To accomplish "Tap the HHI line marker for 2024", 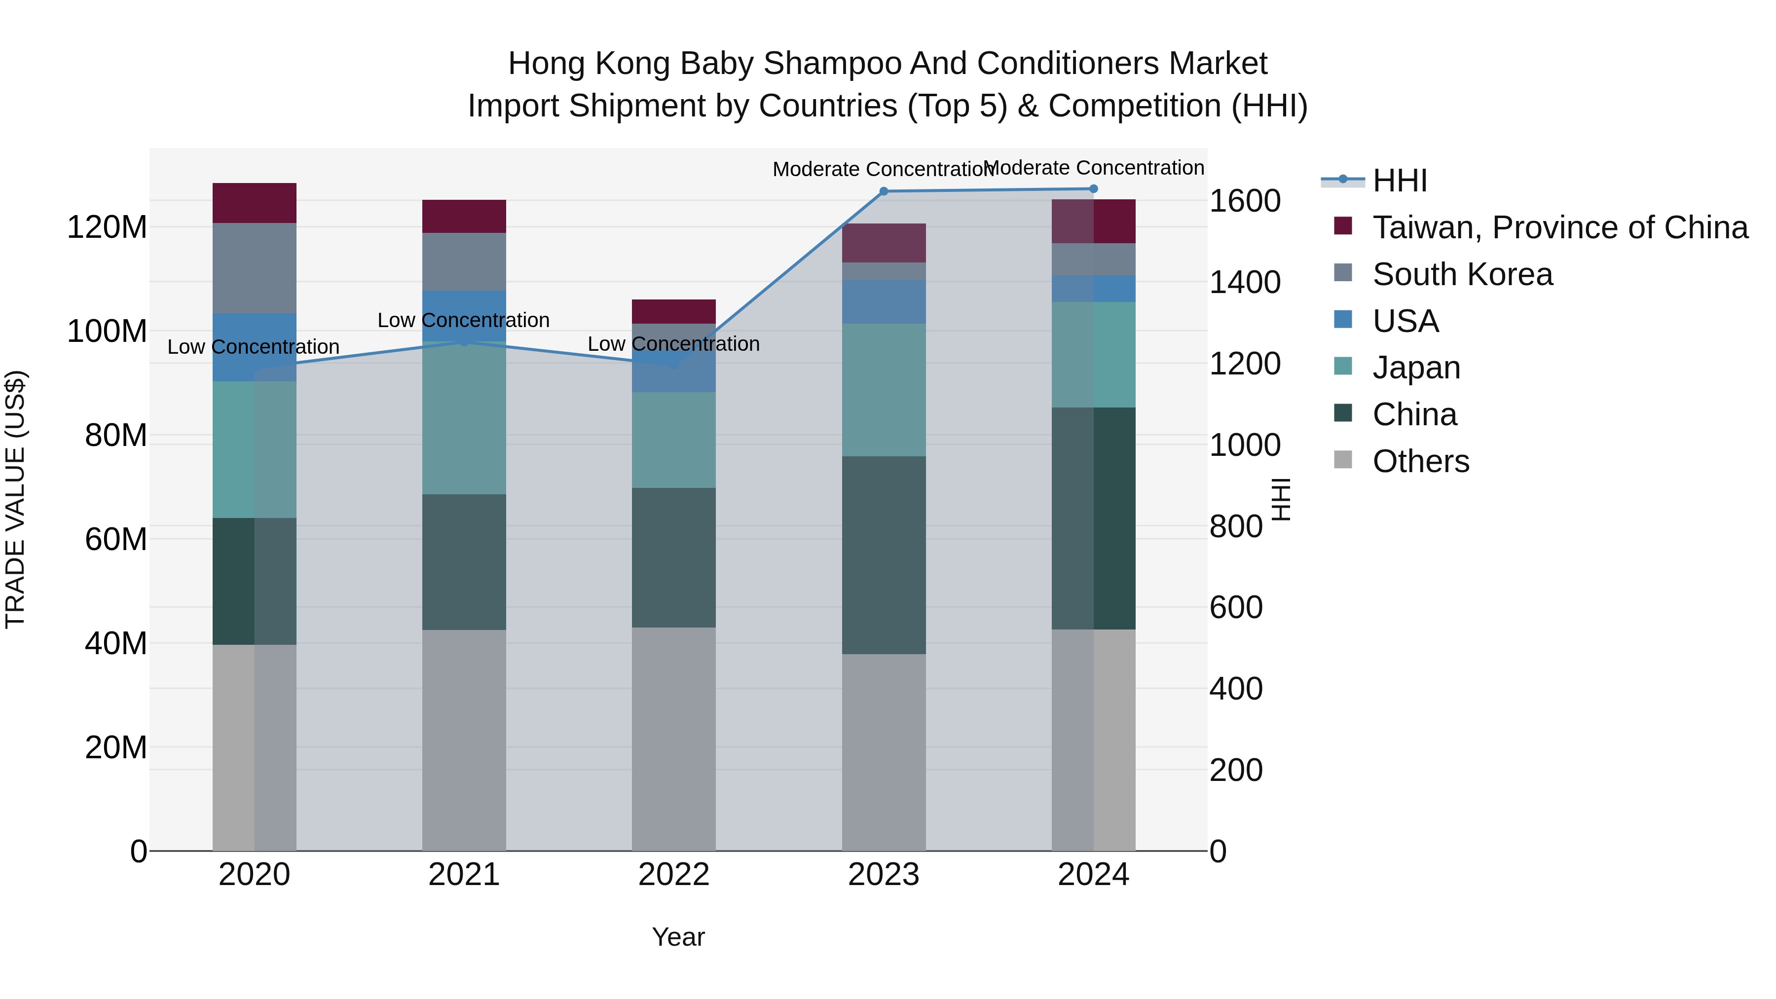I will [x=1093, y=189].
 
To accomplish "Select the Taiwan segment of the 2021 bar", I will [x=464, y=217].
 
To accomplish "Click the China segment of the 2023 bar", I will [x=884, y=555].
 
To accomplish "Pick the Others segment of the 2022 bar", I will [x=673, y=739].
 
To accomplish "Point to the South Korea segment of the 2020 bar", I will [x=255, y=268].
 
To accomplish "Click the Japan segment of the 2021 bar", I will [x=464, y=418].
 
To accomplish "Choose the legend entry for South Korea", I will [x=1462, y=274].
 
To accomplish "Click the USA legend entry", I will [x=1405, y=321].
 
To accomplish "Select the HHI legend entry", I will [x=1399, y=181].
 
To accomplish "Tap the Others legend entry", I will [x=1420, y=461].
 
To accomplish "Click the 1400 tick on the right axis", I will [x=1245, y=282].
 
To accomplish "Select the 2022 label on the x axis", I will [x=673, y=875].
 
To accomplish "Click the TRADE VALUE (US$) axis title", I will [x=15, y=499].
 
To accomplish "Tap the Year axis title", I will [x=678, y=937].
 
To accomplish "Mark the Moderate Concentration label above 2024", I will [x=1093, y=168].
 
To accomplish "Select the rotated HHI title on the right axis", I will [x=1281, y=499].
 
